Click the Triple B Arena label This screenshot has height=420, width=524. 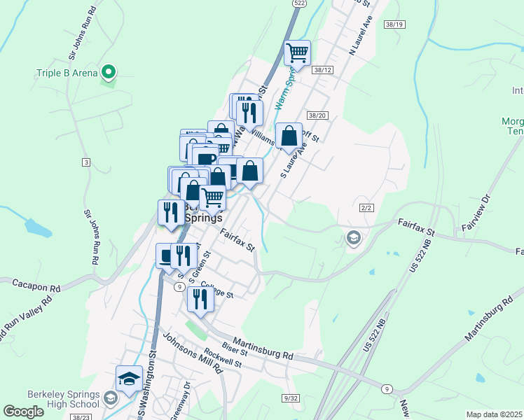(66, 73)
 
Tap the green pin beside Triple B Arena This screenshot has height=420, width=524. (109, 71)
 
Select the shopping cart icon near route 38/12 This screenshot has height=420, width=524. (298, 52)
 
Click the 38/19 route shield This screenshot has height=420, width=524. (394, 24)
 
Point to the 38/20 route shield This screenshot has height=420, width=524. (317, 115)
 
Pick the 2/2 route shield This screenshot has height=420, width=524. (366, 208)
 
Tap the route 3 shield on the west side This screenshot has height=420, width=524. (85, 162)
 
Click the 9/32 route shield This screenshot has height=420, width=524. (291, 398)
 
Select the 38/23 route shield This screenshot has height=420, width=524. (81, 415)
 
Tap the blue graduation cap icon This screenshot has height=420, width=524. (129, 379)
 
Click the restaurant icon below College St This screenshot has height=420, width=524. (200, 299)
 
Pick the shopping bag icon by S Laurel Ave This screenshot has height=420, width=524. (289, 135)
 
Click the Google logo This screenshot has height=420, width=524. (24, 412)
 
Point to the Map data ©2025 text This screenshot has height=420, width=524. (493, 414)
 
